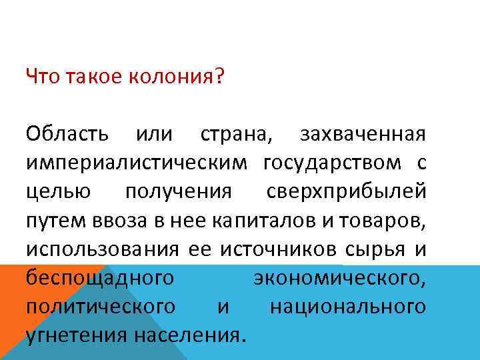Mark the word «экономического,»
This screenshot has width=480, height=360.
pyautogui.click(x=339, y=278)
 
